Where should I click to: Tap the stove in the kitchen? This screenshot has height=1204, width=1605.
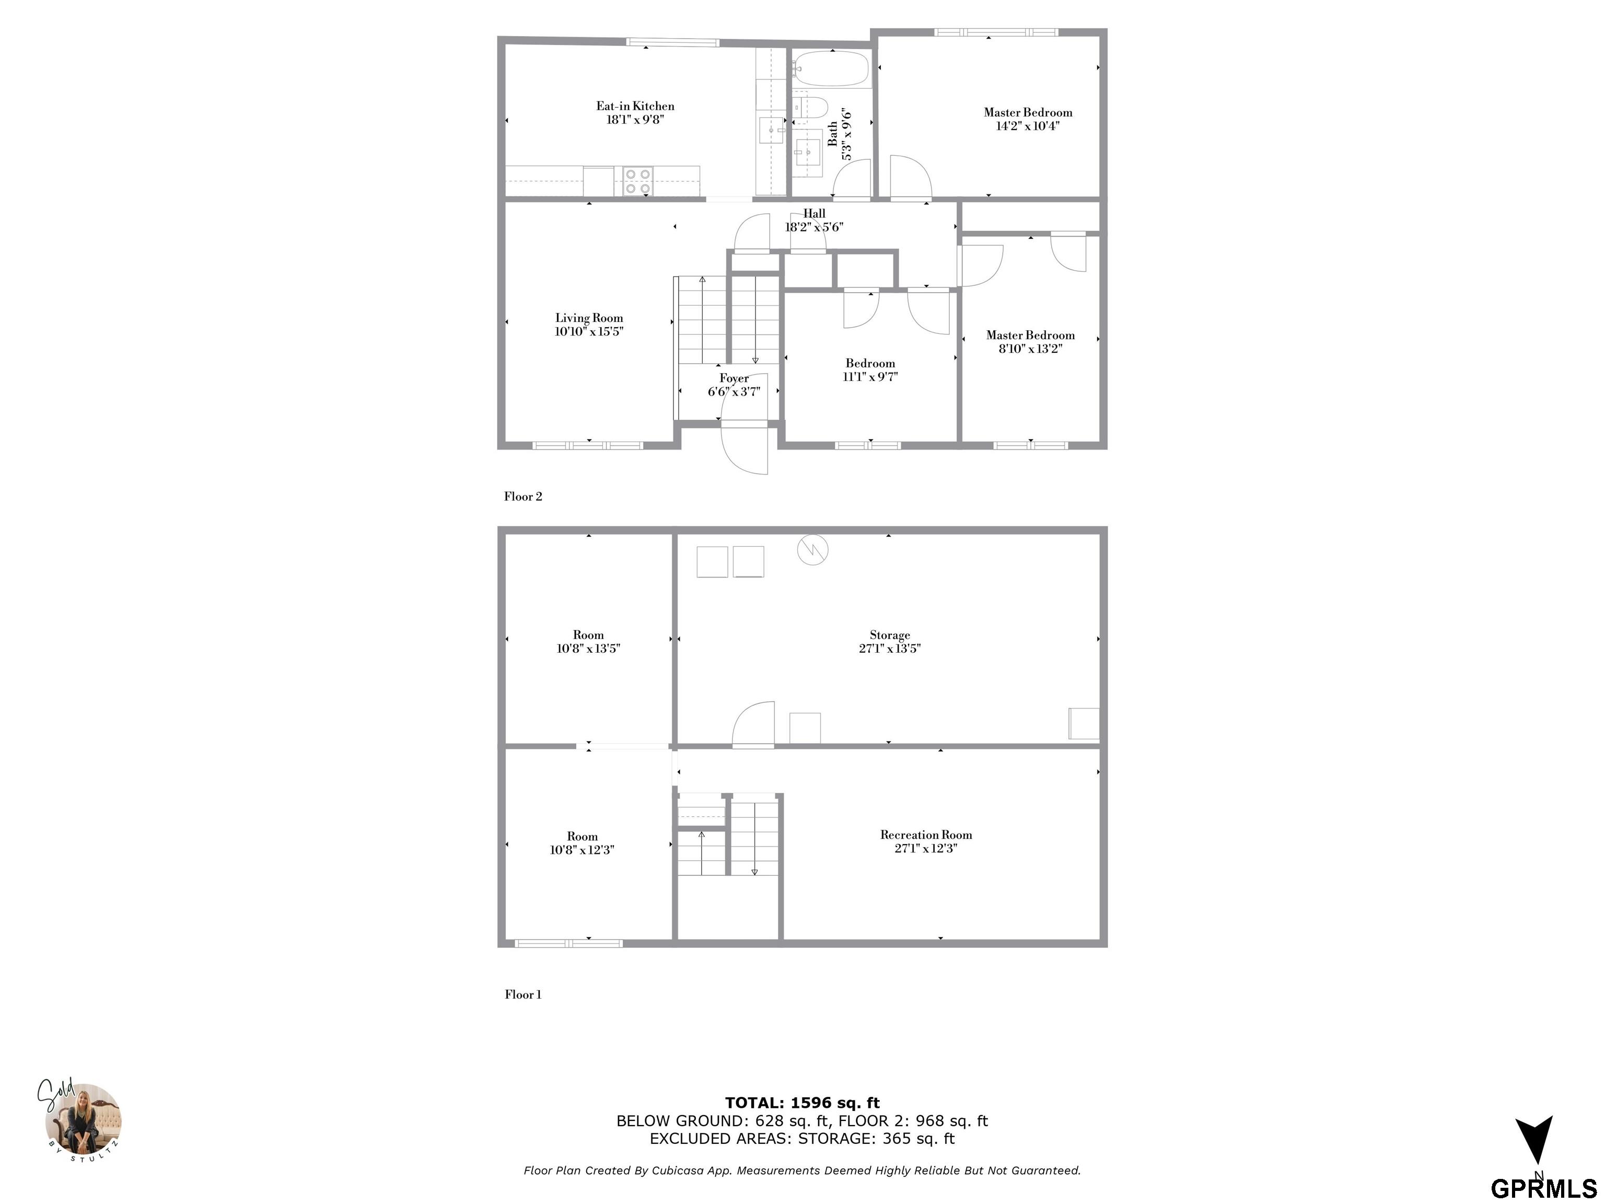638,181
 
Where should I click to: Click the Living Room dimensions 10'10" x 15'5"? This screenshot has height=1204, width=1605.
589,332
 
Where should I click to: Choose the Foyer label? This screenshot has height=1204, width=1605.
734,378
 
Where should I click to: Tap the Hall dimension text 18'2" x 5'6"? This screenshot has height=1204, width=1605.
814,227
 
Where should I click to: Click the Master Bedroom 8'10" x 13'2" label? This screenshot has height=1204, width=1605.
1030,342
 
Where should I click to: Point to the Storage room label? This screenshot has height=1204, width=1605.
890,635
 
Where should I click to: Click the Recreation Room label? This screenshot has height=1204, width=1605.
926,835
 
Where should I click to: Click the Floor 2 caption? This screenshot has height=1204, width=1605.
523,496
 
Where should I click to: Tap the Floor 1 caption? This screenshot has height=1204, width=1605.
523,994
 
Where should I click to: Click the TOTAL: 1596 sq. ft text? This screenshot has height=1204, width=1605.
802,1103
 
